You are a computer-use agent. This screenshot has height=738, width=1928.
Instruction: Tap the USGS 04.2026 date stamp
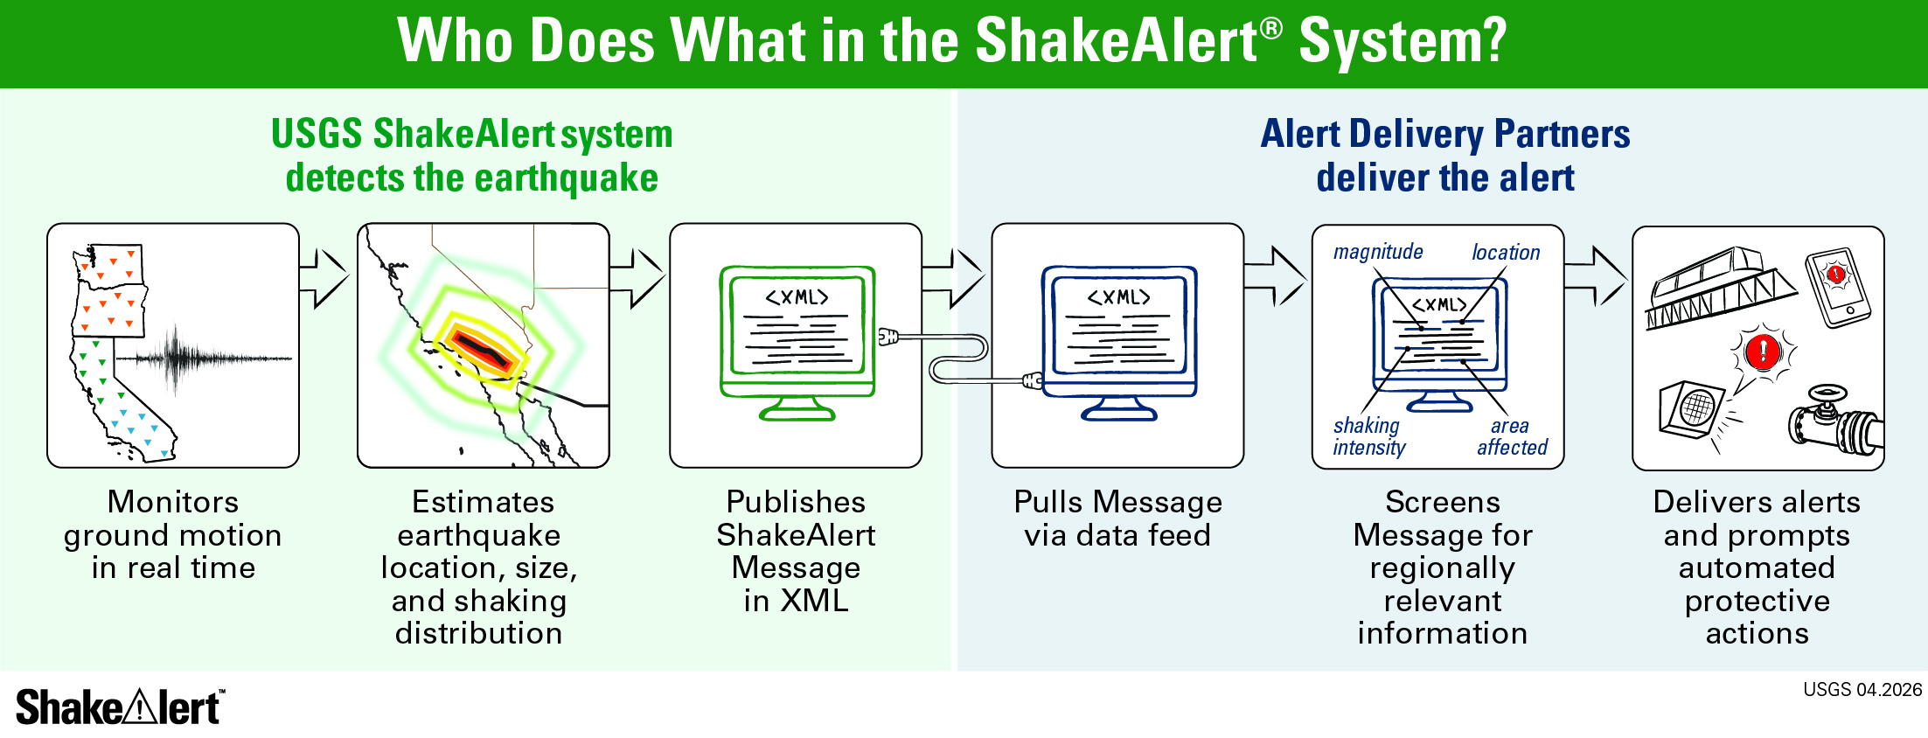tap(1862, 690)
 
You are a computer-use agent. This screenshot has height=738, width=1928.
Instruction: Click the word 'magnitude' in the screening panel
tap(1378, 252)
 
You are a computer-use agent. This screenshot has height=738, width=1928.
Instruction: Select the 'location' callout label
tap(1506, 253)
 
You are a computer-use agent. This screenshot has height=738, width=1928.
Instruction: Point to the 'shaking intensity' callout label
tap(1368, 436)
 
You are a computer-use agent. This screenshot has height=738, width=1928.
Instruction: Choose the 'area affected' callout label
tap(1512, 436)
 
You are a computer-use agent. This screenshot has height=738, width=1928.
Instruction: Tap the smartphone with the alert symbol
tap(1838, 287)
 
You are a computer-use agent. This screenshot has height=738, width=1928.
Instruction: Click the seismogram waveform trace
tap(204, 358)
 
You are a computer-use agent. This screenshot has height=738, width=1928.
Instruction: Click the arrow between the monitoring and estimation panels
tap(324, 279)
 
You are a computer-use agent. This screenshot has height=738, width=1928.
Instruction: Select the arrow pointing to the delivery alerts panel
tap(1596, 276)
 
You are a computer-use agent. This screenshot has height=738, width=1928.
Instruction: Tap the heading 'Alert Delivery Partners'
tap(1445, 134)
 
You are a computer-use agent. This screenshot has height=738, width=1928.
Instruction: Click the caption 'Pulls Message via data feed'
tap(1117, 518)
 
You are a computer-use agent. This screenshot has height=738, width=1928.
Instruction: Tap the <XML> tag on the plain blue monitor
tap(1118, 297)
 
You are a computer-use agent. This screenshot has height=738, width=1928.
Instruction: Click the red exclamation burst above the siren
tap(1763, 352)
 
